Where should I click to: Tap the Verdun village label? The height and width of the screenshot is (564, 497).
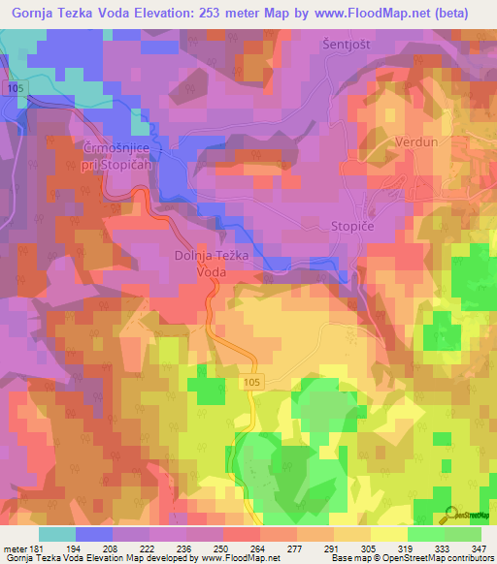418,141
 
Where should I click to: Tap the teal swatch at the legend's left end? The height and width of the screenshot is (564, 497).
56,534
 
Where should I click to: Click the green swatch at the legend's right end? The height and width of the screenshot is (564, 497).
463,534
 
